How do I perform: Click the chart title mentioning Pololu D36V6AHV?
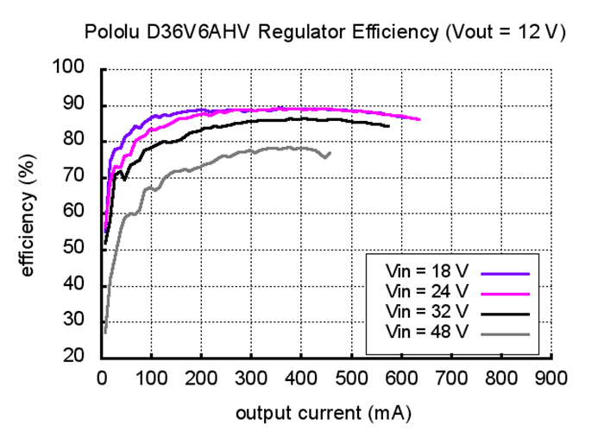click(324, 33)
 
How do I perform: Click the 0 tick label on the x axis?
click(102, 378)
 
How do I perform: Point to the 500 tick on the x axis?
click(351, 378)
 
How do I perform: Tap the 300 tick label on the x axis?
click(251, 378)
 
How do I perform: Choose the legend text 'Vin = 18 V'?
click(426, 272)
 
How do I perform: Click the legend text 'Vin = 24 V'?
click(426, 290)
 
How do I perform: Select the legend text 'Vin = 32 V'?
click(426, 309)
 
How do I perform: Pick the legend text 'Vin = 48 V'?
click(426, 328)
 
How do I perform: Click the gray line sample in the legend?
click(505, 329)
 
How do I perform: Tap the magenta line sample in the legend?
click(505, 291)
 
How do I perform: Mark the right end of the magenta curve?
click(419, 119)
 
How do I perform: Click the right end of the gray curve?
click(330, 153)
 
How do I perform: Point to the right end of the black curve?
click(388, 126)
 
